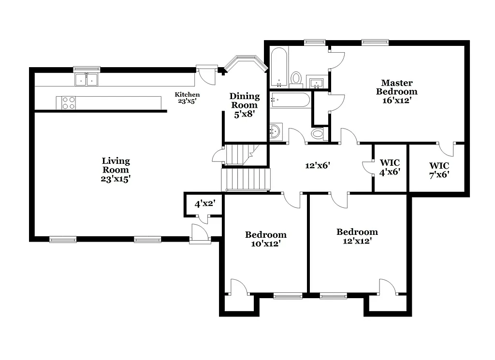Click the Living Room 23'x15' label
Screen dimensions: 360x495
click(x=116, y=169)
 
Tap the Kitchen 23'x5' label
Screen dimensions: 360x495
click(x=187, y=98)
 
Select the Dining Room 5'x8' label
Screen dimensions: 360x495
click(x=244, y=105)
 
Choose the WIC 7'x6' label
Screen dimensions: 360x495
click(x=439, y=170)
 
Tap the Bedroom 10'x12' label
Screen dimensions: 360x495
click(x=265, y=239)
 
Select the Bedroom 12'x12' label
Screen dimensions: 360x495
click(x=357, y=236)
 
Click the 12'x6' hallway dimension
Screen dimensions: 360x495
click(x=317, y=165)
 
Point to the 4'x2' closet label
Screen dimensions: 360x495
click(x=204, y=204)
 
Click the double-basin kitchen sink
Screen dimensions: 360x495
click(x=87, y=79)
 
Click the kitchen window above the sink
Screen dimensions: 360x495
click(x=87, y=69)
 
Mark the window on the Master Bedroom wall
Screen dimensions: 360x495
click(x=376, y=43)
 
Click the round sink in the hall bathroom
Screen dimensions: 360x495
click(x=276, y=130)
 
